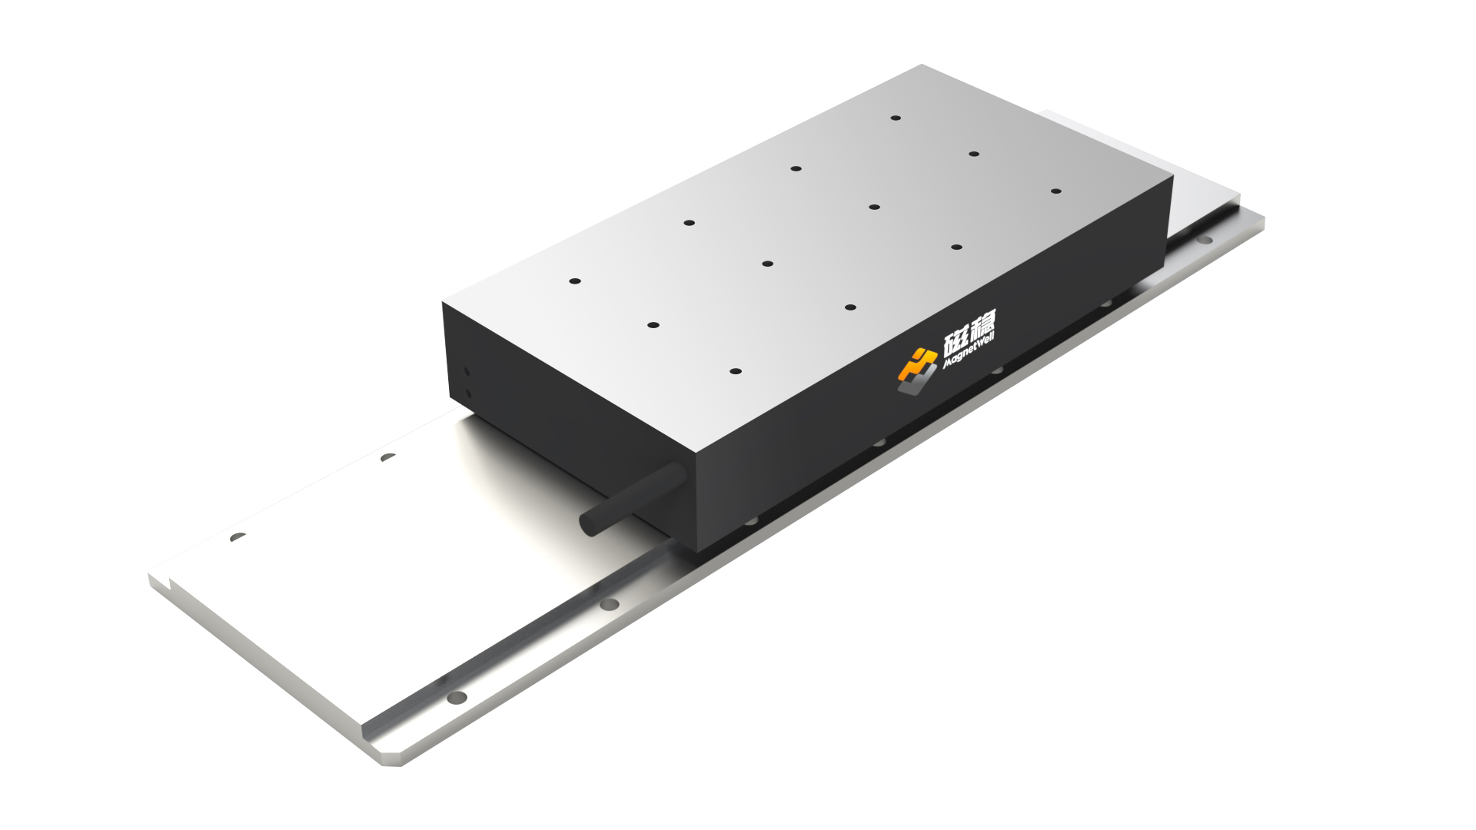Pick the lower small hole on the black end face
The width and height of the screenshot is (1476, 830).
tap(467, 393)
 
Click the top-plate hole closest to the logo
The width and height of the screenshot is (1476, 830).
tap(850, 307)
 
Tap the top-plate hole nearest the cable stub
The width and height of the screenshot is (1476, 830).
tap(736, 371)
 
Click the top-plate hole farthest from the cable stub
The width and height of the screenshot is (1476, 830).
tap(896, 118)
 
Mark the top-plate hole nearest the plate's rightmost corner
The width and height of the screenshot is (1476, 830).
tap(1055, 191)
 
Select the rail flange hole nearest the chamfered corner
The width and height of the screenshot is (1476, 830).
tap(457, 698)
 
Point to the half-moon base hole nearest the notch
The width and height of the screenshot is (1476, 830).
tap(238, 536)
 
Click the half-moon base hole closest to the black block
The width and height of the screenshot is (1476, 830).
tap(388, 457)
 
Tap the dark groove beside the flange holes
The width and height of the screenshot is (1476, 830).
tap(538, 630)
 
